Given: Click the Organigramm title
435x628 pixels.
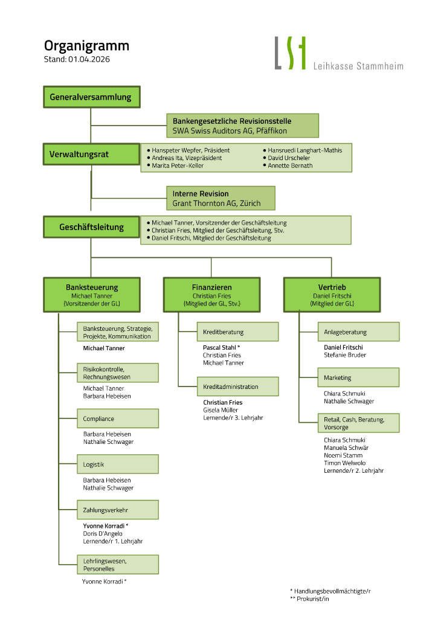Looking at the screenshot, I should click(x=86, y=46).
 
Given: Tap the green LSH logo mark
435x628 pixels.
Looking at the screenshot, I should click(x=291, y=53).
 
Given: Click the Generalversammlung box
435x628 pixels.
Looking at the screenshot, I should click(x=91, y=97).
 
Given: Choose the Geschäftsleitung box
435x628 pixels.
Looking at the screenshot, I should click(x=91, y=227).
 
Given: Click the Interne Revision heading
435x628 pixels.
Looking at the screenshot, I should click(x=201, y=194).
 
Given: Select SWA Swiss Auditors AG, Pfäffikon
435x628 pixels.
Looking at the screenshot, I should click(x=230, y=130).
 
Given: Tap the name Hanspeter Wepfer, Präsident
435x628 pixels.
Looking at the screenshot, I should click(x=190, y=150).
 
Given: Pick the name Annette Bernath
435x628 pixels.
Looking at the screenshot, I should click(x=290, y=165).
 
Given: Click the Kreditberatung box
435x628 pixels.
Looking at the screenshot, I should click(x=237, y=332).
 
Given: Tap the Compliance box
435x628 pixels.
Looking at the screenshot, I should click(x=118, y=418).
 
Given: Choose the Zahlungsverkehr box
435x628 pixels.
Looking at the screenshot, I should click(x=118, y=510).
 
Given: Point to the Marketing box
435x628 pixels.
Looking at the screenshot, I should click(x=358, y=377).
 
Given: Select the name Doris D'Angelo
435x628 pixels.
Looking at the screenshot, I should click(x=103, y=534).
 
